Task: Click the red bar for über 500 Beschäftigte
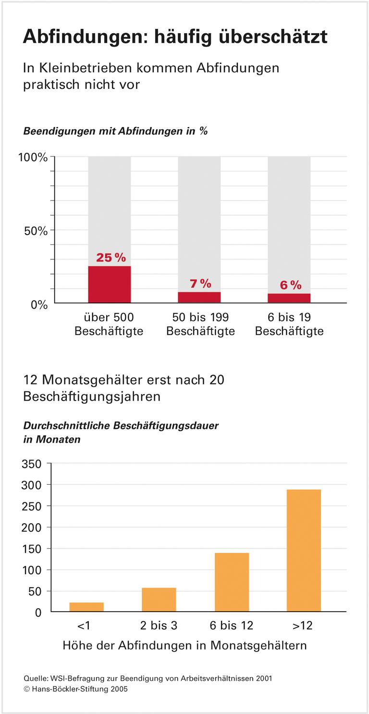tap(109, 284)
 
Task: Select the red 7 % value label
tap(200, 284)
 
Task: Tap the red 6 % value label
tap(290, 285)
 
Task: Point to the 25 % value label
tap(111, 258)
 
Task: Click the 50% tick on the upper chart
tap(36, 231)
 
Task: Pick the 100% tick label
tap(33, 157)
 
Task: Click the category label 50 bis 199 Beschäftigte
tap(200, 325)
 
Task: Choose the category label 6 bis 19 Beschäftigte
tap(289, 325)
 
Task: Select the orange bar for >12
tap(303, 551)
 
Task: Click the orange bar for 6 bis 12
tap(232, 582)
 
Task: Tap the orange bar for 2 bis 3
tap(159, 600)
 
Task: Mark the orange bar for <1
tap(86, 607)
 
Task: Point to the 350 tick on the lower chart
tap(32, 464)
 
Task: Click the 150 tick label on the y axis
tap(32, 549)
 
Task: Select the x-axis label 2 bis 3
tap(159, 626)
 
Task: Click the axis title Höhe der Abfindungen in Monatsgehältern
tap(184, 646)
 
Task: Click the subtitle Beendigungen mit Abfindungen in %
tap(115, 131)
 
